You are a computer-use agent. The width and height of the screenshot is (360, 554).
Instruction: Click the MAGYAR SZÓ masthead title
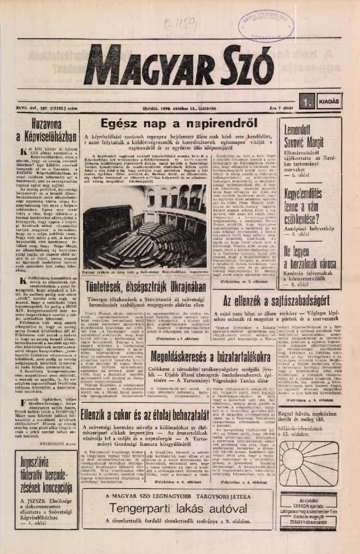(x=179, y=65)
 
